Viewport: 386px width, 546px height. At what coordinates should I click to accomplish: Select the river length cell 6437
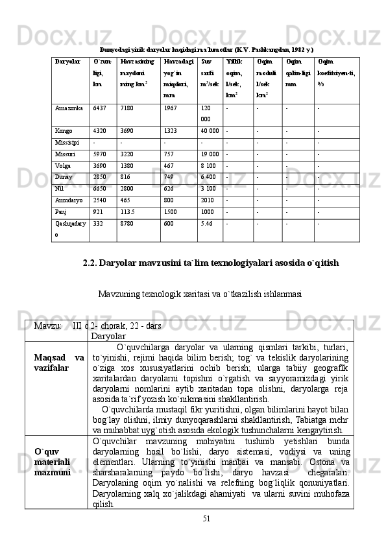pos(100,108)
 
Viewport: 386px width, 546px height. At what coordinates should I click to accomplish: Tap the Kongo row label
pos(64,131)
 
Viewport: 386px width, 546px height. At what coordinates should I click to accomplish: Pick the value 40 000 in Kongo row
pos(210,131)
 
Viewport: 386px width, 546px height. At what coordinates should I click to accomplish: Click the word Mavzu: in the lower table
pos(48,324)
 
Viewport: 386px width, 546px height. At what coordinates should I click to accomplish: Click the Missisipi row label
pos(67,143)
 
